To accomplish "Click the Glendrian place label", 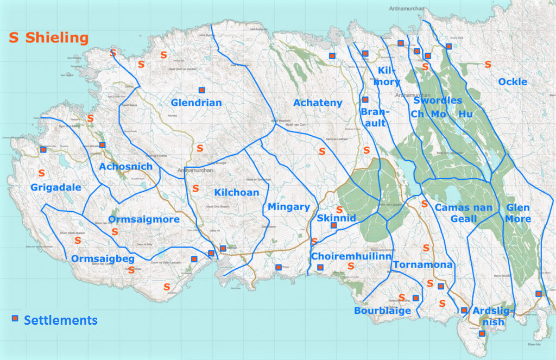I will coord(196,103).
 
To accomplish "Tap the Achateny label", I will coord(318,103).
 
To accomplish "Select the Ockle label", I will coord(512,81).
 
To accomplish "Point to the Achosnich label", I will coord(125,166).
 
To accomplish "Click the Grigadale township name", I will coord(55,187).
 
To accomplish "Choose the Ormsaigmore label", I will coord(144,219).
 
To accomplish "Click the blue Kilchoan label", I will coord(236,192).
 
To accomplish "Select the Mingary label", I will coord(288,206).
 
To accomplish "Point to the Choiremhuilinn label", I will coord(351,255).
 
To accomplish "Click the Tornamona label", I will coord(422,265).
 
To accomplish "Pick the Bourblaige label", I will coord(382,311).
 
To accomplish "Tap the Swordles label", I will coord(438,100).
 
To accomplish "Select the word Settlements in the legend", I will coord(61,320).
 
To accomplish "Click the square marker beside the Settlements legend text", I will coord(15,318).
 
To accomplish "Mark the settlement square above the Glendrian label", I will coord(201,90).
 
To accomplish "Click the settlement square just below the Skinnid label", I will coord(334,225).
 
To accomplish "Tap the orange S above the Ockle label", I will coord(488,64).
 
